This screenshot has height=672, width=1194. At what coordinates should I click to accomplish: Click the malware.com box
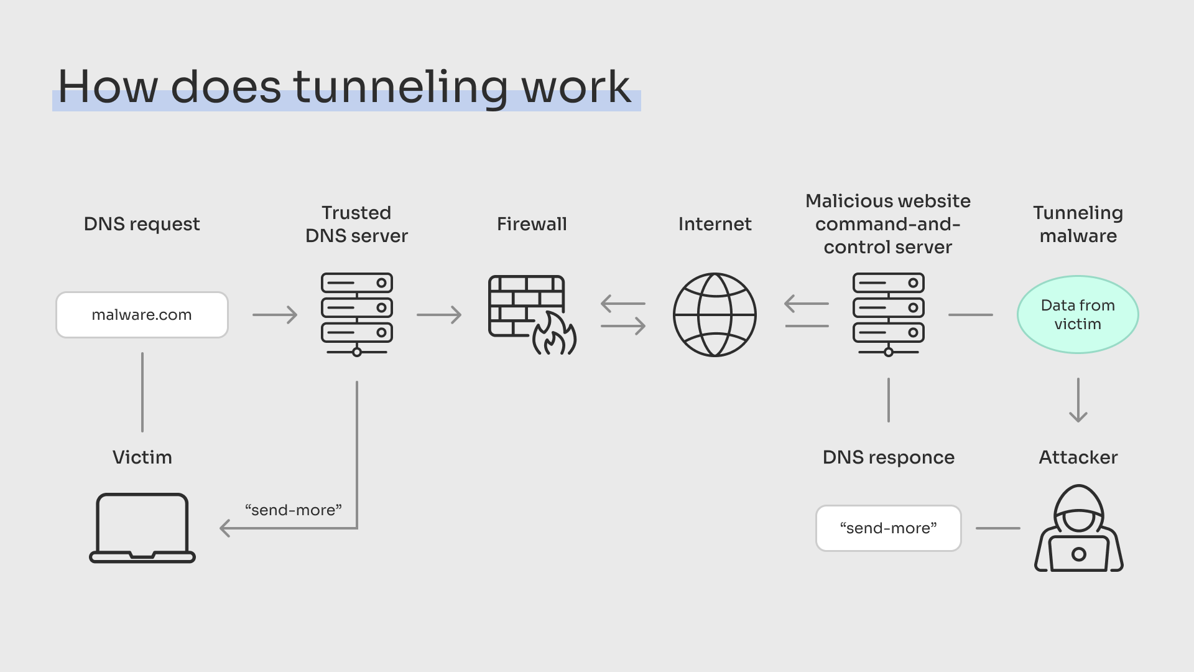coord(142,315)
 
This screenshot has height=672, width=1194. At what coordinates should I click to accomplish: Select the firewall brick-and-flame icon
coord(532,315)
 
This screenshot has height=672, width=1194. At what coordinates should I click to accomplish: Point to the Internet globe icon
coord(715,315)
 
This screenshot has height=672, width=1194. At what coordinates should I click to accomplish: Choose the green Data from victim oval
coord(1078,315)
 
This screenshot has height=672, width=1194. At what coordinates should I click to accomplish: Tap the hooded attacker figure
coord(1079,529)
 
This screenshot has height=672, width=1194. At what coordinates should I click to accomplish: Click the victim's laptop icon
coord(142,528)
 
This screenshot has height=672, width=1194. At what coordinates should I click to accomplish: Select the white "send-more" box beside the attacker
coord(888,528)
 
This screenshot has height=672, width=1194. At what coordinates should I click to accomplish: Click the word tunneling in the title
coord(400,87)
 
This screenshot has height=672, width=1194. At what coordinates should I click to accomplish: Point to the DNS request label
coord(142,224)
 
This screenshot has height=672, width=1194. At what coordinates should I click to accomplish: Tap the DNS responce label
coord(888,457)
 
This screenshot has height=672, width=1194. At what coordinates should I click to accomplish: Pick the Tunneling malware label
coord(1078,224)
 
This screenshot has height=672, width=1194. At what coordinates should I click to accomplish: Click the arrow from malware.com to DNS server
coord(275,315)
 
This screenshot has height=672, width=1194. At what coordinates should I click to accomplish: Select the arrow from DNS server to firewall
coord(439,315)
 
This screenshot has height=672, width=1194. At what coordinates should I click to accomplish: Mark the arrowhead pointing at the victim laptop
coord(225,528)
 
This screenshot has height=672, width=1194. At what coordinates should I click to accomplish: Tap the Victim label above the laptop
coord(142,457)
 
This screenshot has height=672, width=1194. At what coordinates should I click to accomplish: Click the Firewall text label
coord(532,224)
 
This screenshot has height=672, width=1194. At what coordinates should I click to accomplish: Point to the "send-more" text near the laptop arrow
coord(294,510)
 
